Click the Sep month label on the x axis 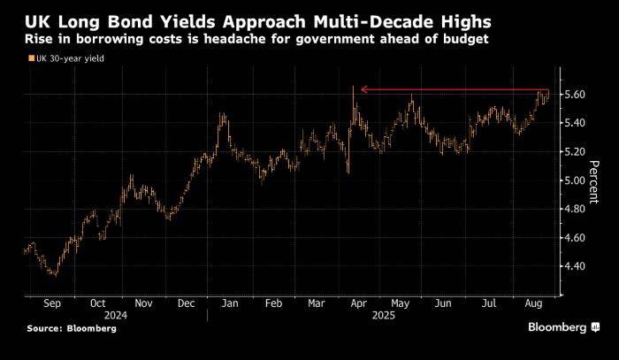[x=52, y=303]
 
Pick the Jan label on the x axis [x=228, y=303]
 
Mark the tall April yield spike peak [x=353, y=87]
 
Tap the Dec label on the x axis [x=187, y=303]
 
